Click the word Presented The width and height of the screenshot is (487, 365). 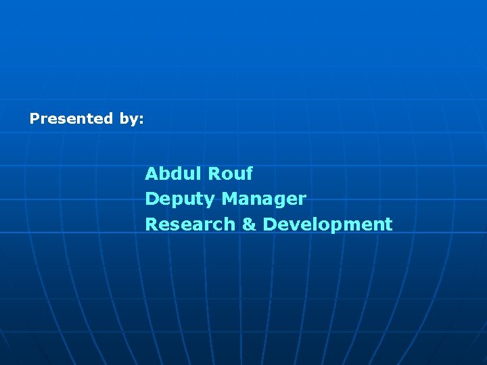[71, 119]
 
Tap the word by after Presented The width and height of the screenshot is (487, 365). [129, 120]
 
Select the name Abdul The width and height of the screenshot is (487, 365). [174, 174]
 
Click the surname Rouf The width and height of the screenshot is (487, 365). [230, 174]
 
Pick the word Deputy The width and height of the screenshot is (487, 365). [181, 199]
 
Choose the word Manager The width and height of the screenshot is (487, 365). [264, 199]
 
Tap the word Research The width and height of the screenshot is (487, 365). [190, 224]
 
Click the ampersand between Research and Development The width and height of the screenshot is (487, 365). [249, 224]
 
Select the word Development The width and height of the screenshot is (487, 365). [327, 224]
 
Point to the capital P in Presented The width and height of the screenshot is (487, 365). [34, 119]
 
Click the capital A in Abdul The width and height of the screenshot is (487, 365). [152, 174]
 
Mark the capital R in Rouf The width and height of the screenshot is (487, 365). [214, 174]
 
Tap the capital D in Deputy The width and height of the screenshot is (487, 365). [152, 199]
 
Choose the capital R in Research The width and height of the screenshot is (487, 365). [152, 224]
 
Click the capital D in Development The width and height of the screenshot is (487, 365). [269, 224]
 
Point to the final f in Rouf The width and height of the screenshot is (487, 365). [248, 174]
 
